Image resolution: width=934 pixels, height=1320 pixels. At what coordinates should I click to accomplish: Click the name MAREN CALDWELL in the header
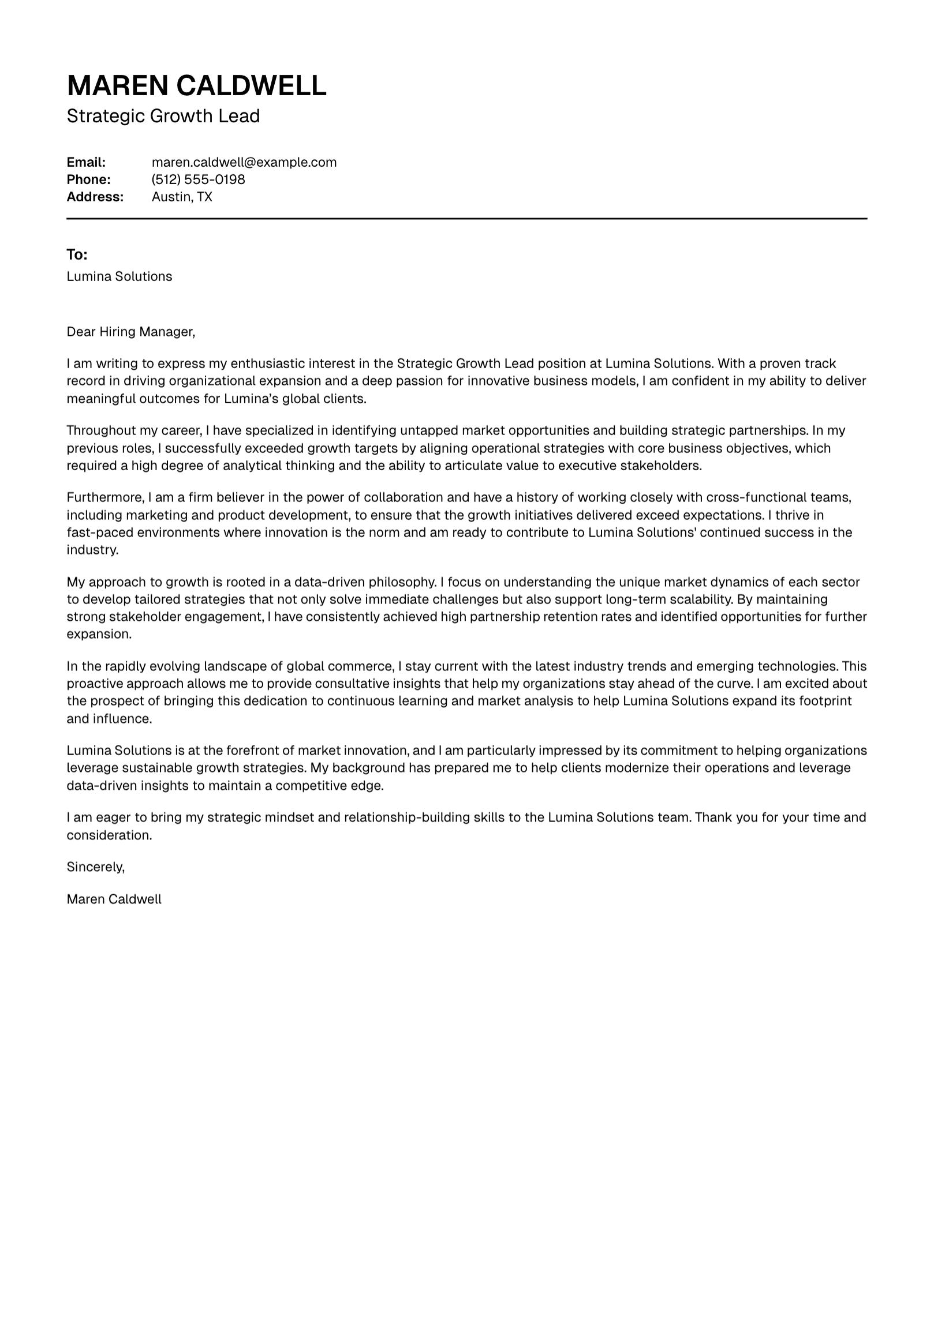pos(196,85)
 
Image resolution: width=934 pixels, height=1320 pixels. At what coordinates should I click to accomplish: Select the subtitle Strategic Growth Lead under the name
pos(163,116)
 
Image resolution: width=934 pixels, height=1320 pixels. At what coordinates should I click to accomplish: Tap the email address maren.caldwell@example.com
pos(244,162)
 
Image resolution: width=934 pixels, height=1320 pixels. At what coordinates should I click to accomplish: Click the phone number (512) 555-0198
pos(198,179)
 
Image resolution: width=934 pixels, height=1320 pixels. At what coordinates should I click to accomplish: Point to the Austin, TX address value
pos(182,197)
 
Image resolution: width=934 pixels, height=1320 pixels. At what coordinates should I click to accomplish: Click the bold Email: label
pos(86,162)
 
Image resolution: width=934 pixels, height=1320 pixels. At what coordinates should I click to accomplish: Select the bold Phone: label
pos(88,179)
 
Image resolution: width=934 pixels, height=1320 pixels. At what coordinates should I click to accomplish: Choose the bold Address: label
pos(95,197)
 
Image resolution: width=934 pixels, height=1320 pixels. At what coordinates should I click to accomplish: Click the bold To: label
pos(77,254)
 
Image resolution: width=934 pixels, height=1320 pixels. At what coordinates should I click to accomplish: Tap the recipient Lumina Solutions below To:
pos(119,276)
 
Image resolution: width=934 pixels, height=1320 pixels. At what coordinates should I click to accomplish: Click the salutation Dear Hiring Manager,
pos(131,332)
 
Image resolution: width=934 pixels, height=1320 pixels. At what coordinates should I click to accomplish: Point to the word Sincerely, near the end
pos(95,867)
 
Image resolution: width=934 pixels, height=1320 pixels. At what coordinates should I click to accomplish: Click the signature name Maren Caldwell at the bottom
pos(114,899)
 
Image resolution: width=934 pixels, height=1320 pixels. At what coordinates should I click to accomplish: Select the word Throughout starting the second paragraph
pos(101,430)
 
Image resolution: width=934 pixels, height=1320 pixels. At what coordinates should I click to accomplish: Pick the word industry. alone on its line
pos(92,550)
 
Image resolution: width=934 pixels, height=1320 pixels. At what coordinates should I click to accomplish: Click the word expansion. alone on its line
pos(99,634)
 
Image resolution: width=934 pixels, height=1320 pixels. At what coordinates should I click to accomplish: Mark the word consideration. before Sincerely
pos(109,835)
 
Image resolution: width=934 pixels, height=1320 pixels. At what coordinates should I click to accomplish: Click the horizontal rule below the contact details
pos(466,219)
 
